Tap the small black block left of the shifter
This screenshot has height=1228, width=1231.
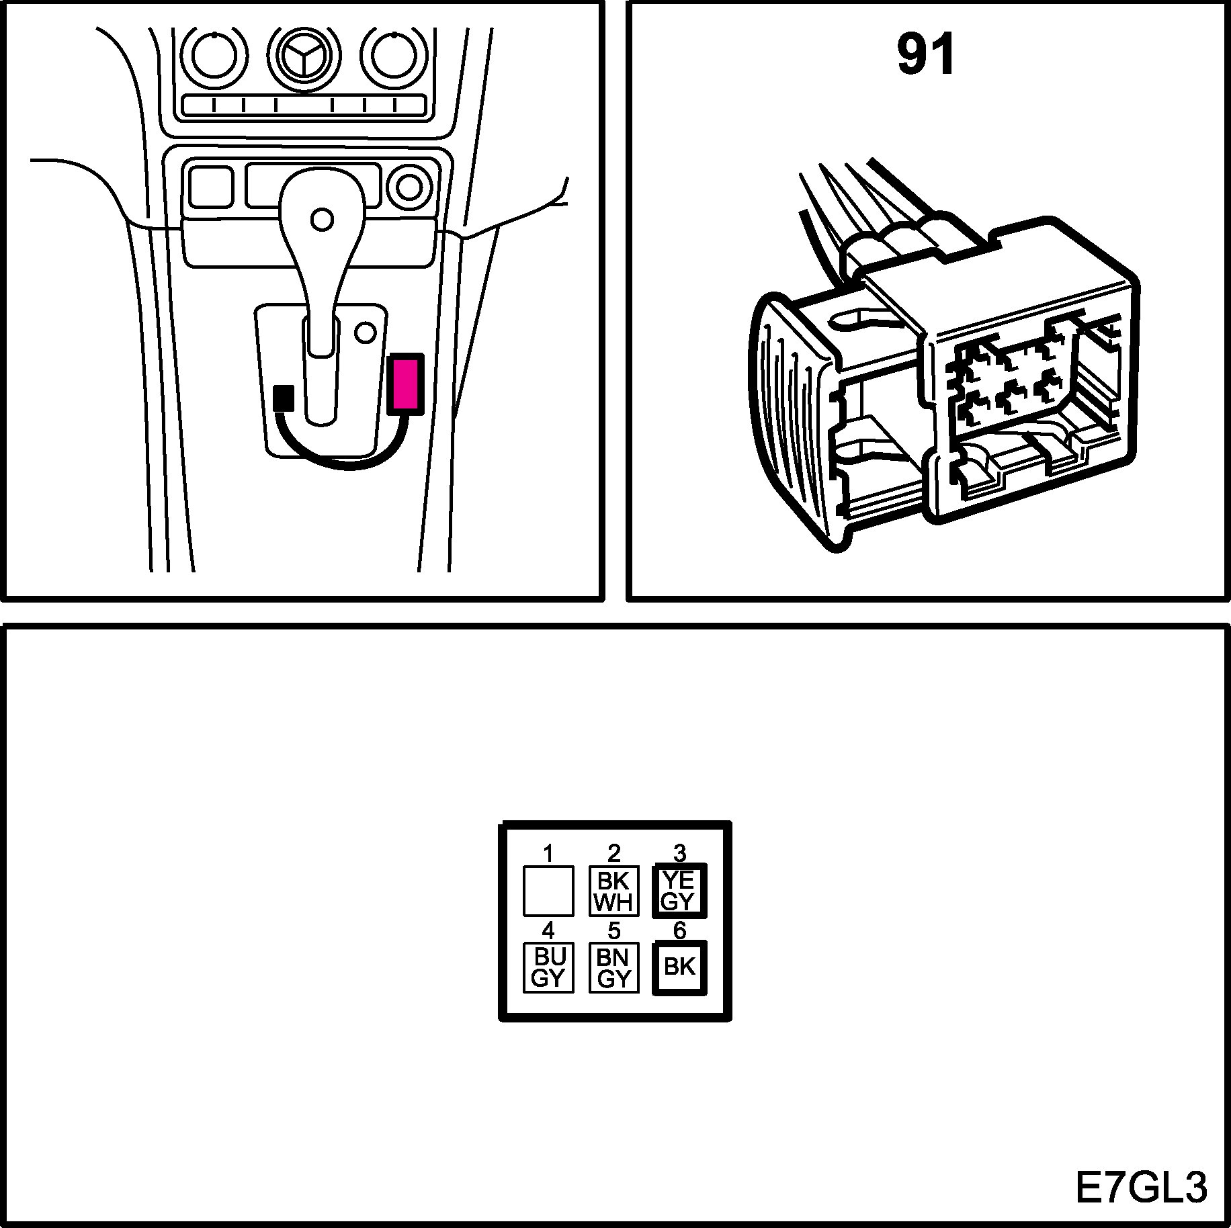[x=284, y=398]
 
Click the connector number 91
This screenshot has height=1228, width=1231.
[x=925, y=56]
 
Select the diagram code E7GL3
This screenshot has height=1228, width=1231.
[x=1140, y=1188]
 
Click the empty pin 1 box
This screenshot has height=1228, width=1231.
[x=548, y=891]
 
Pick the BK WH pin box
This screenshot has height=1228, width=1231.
[x=613, y=891]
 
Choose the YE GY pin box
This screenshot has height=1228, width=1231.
[x=679, y=891]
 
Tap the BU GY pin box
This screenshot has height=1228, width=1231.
[x=548, y=967]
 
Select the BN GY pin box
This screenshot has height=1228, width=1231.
[x=613, y=967]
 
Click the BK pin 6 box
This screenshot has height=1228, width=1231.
[x=679, y=967]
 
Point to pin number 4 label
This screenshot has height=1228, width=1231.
[x=548, y=930]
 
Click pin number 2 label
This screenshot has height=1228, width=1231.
[x=613, y=853]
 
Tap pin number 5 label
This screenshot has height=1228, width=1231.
[x=613, y=930]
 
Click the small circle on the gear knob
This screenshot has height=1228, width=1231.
[x=323, y=219]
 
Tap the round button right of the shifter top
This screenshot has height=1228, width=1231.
[x=409, y=187]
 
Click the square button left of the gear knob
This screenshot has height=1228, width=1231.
[x=211, y=187]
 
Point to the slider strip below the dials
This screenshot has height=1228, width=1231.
[x=304, y=105]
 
